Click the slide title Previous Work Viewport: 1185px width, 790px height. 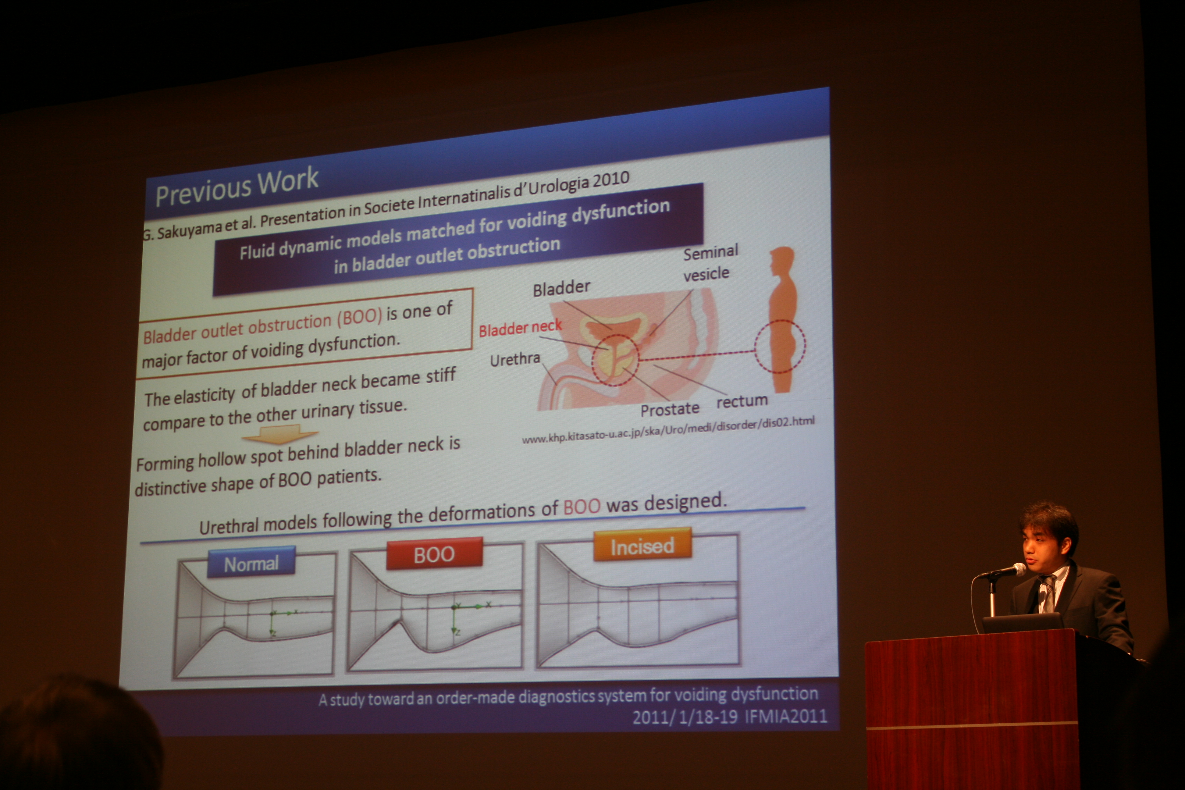237,187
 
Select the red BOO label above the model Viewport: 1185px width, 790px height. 434,554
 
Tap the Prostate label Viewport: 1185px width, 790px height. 670,409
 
